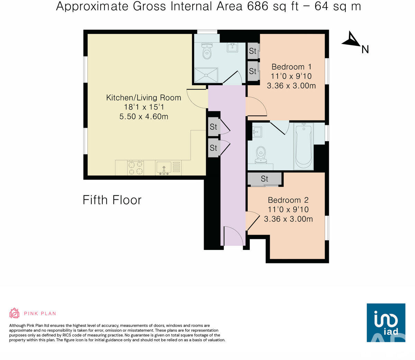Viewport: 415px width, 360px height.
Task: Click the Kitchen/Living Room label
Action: (144, 98)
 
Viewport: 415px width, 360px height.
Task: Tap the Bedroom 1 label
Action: (292, 67)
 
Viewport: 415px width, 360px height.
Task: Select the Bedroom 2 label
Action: (288, 200)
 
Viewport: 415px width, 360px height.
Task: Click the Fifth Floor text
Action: (112, 200)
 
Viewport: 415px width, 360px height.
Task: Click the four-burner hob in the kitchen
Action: (136, 168)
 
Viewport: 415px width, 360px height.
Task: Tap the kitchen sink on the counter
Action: (163, 168)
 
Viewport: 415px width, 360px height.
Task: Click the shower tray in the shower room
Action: (206, 75)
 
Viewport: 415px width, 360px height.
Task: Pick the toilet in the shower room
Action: (207, 52)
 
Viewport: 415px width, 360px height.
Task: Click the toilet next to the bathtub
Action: (260, 155)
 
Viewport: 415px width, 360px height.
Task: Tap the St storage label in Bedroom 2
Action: (265, 179)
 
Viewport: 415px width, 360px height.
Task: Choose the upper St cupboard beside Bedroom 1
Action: (253, 51)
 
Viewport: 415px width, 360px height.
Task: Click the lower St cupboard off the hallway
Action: (213, 148)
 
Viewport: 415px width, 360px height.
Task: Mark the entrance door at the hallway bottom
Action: (233, 236)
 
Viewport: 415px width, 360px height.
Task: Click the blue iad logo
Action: (386, 323)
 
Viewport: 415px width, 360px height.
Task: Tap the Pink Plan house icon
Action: (14, 313)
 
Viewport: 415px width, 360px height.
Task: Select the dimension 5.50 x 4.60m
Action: (144, 117)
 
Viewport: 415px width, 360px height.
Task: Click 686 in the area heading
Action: (257, 6)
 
